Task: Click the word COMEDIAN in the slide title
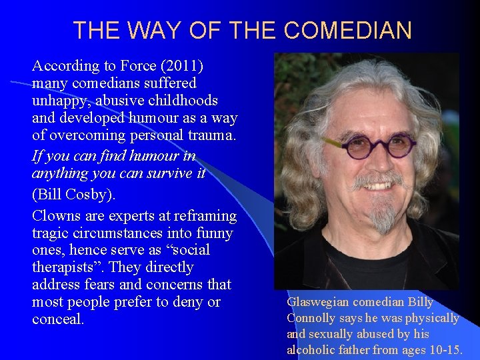347,31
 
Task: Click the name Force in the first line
138,66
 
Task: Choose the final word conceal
57,319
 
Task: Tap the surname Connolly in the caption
312,318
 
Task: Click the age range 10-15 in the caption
443,350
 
